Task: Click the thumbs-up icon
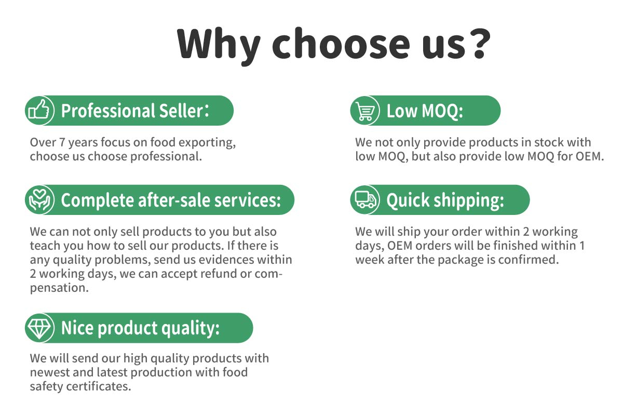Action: click(39, 110)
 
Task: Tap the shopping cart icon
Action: click(364, 111)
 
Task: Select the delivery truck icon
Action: click(365, 200)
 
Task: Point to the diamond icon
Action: click(39, 328)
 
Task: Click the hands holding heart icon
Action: click(39, 200)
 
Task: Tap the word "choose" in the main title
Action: click(341, 44)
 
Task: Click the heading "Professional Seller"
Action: click(132, 111)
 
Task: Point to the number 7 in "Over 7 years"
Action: click(62, 142)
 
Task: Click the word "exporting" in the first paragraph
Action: click(207, 143)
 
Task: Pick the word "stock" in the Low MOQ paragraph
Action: click(548, 142)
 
